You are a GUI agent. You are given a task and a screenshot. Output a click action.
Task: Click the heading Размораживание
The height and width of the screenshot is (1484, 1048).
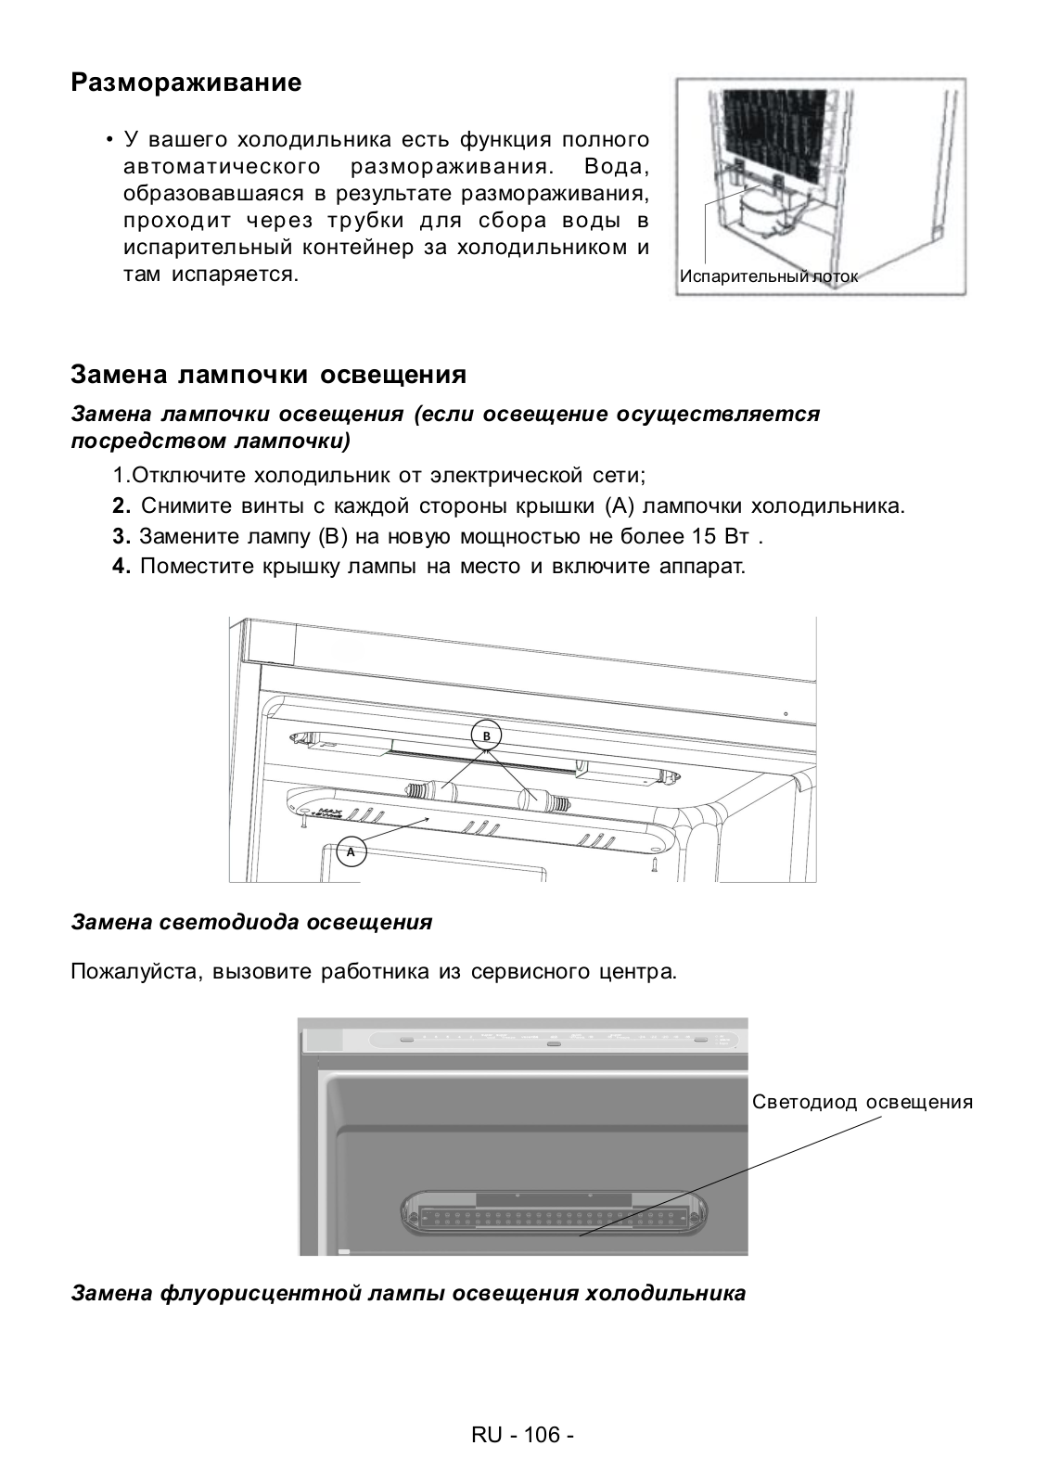[x=186, y=83]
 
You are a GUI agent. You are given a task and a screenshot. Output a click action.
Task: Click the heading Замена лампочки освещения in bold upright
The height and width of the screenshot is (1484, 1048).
[x=268, y=375]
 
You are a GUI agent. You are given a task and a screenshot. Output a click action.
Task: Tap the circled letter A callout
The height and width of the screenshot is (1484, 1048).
[x=351, y=851]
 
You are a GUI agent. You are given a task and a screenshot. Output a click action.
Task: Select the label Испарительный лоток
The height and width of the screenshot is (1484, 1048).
[x=769, y=276]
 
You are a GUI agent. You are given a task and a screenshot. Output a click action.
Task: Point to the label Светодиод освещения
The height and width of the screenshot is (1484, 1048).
[x=863, y=1102]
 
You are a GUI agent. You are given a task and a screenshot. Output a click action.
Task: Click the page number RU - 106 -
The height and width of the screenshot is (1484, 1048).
[x=523, y=1435]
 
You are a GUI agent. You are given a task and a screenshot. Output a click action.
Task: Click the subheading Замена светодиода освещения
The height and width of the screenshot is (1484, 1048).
[x=251, y=922]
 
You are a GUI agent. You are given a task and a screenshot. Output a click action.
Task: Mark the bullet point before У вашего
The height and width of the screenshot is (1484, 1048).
[x=109, y=141]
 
